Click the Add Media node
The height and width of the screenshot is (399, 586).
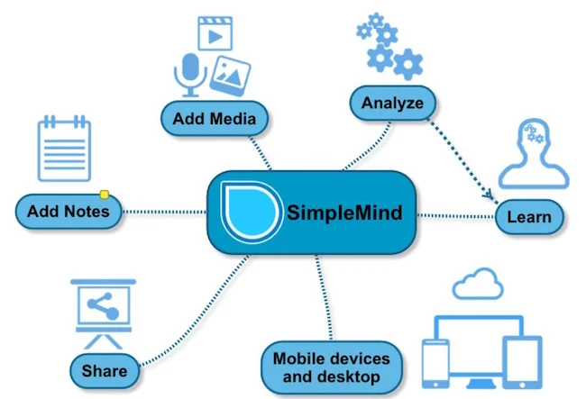215,118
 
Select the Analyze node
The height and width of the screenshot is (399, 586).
393,103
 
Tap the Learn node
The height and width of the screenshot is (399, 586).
529,217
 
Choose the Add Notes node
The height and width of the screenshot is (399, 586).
69,212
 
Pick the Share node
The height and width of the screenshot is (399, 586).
105,371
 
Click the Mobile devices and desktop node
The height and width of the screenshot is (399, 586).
332,367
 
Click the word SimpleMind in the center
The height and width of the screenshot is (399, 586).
344,213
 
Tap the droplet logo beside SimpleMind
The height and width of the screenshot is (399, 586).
252,212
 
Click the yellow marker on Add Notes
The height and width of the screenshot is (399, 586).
105,195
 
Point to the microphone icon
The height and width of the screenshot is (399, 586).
190,75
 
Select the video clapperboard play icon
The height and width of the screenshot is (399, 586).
215,33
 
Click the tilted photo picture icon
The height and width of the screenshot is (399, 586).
230,76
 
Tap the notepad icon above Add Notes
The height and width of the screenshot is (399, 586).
64,149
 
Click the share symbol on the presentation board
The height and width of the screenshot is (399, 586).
103,306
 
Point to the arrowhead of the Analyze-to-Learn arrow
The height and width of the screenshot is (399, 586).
489,195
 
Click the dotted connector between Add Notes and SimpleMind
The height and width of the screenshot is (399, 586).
164,212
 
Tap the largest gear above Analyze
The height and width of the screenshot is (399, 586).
408,64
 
